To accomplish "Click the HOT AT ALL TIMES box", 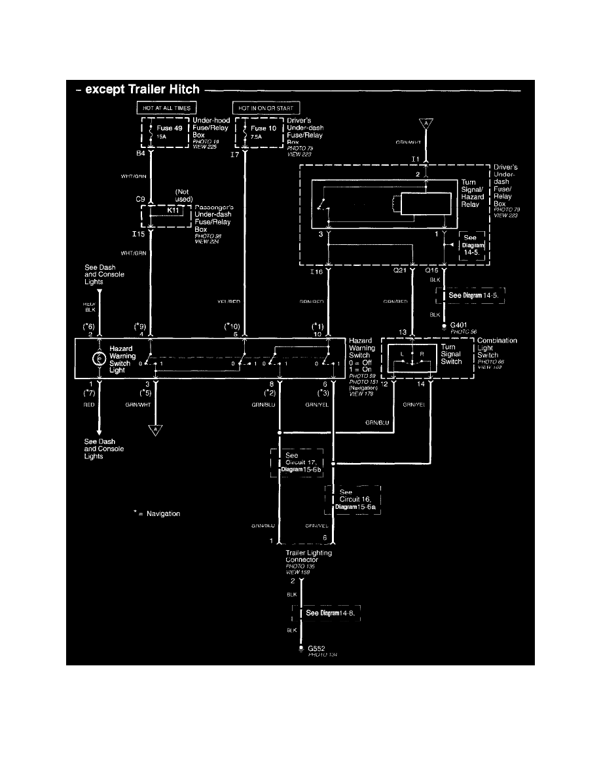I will (x=166, y=107).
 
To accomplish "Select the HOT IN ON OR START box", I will (x=267, y=107).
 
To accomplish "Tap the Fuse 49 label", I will (x=169, y=128).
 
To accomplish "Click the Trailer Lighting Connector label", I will (x=308, y=557).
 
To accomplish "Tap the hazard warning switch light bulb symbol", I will (x=100, y=358).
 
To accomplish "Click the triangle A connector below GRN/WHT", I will (x=155, y=430).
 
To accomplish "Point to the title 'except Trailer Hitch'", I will (x=139, y=90).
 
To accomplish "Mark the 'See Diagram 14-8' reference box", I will (x=329, y=613).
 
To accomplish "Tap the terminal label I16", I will (x=316, y=269).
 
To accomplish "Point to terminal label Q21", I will (x=400, y=269).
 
